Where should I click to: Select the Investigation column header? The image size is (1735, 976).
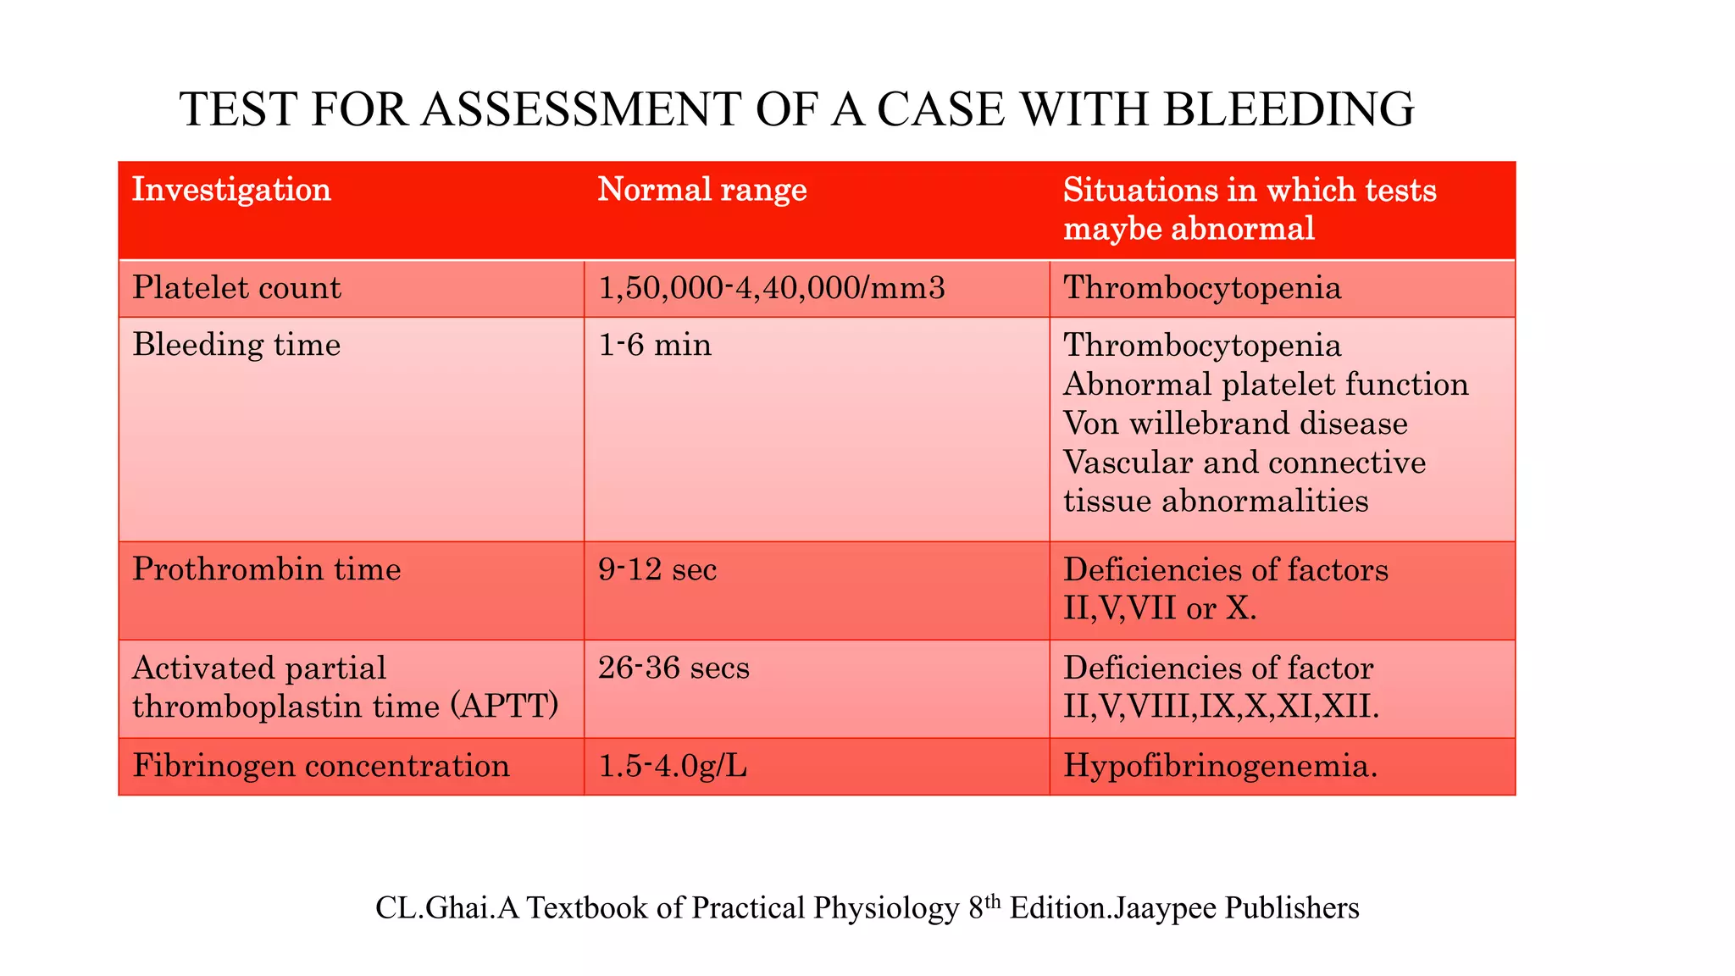point(231,189)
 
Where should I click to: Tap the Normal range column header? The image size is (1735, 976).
point(702,189)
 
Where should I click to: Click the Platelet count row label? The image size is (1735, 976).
point(236,288)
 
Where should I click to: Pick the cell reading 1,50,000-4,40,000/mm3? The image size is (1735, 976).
point(771,288)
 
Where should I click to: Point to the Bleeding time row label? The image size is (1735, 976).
point(236,345)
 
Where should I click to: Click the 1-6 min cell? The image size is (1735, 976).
point(655,345)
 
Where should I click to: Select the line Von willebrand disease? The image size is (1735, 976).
point(1235,423)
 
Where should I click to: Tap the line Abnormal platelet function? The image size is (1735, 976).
point(1266,384)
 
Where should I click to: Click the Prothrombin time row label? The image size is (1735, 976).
point(267,568)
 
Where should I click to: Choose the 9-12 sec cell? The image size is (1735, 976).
point(657,568)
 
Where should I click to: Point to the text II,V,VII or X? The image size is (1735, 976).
point(1160,608)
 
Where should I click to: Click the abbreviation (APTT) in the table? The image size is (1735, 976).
point(506,706)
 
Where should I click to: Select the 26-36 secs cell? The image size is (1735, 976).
point(673,668)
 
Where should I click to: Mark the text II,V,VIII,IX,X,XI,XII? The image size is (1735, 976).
point(1221,706)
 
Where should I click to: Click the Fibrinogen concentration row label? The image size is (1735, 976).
point(321,766)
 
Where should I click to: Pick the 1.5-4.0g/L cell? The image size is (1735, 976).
point(673,766)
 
